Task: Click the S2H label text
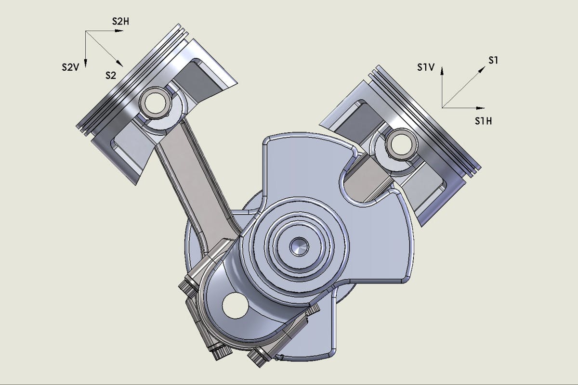click(120, 22)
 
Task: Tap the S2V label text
click(70, 67)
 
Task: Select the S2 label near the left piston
click(111, 76)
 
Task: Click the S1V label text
click(426, 67)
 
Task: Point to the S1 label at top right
click(493, 60)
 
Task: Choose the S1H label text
click(483, 121)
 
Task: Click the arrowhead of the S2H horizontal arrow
click(119, 31)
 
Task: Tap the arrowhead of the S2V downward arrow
click(85, 63)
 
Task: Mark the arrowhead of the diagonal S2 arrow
click(119, 64)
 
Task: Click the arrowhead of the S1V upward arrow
click(442, 71)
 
